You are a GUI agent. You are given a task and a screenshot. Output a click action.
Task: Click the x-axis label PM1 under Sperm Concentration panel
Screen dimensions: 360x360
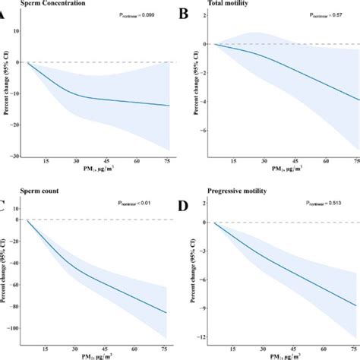coord(94,171)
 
